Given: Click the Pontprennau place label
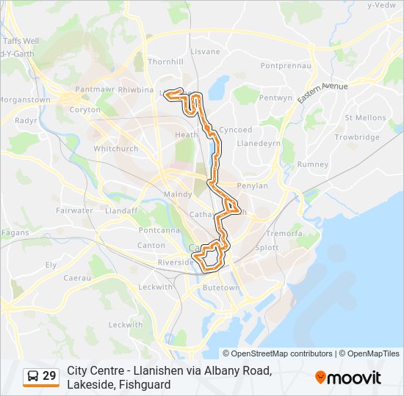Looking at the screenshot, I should [x=286, y=65].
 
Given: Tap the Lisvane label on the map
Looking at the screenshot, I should [x=205, y=52].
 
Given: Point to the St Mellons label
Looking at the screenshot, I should [x=365, y=117].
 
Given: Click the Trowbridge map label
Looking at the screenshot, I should [x=357, y=137].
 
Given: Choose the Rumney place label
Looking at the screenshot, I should [x=314, y=164].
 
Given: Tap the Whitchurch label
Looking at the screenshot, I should [x=116, y=148].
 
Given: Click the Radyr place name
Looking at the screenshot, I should [x=26, y=120].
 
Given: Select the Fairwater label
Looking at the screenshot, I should [x=74, y=210].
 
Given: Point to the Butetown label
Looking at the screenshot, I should [x=221, y=288].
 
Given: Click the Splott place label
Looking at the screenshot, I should [x=266, y=248].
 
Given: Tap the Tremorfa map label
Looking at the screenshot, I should [x=284, y=233].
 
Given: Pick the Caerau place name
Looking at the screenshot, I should [x=76, y=278].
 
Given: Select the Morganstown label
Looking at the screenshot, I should [x=24, y=99].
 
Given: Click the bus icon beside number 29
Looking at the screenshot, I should [x=32, y=376].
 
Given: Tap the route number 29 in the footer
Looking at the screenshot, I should [x=49, y=376].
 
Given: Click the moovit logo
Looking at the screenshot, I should [x=348, y=378].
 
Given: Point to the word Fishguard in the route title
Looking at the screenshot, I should [x=147, y=384].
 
